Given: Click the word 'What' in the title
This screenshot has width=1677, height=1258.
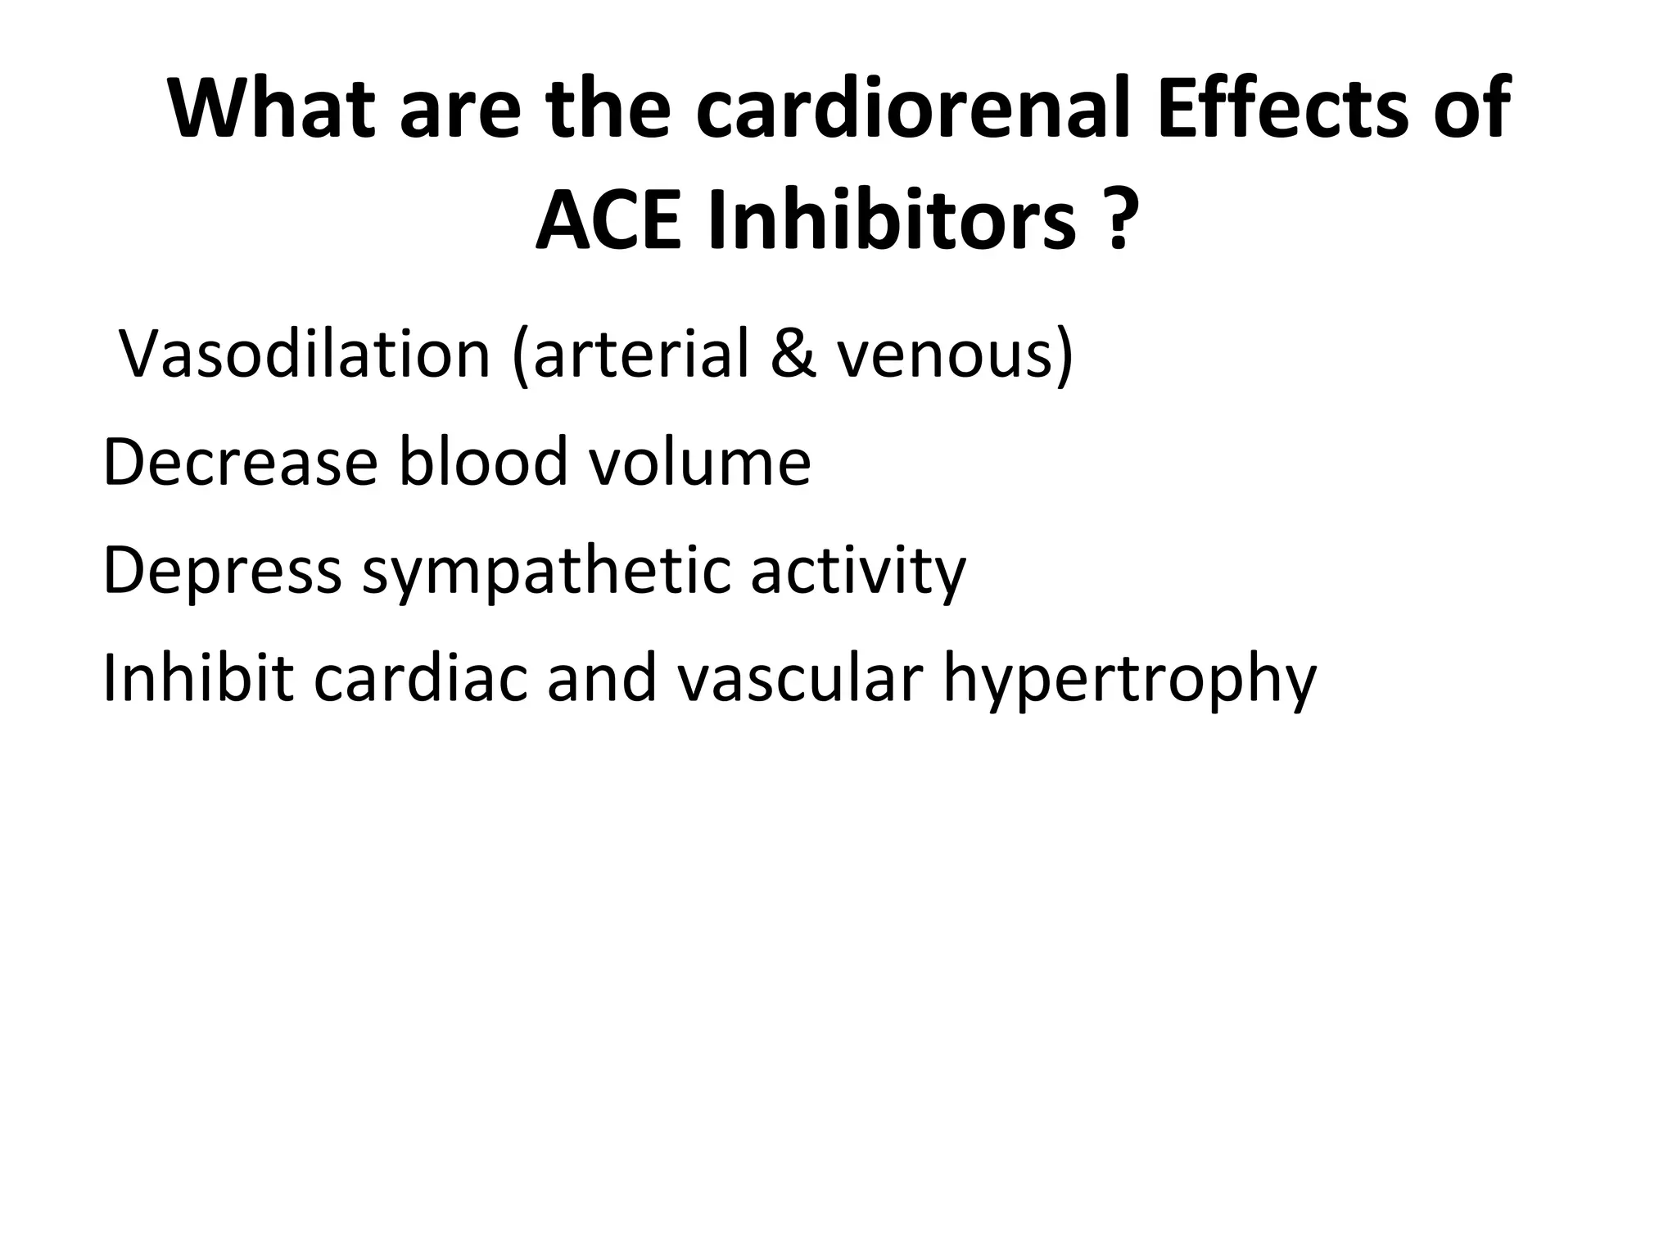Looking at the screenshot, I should (271, 109).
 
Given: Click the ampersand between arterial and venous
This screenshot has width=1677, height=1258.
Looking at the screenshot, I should (792, 354).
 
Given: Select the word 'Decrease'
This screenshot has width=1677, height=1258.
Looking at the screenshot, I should (240, 463).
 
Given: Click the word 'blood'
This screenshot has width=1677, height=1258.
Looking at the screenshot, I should (483, 463).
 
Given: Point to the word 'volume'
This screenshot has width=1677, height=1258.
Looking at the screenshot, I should (700, 463).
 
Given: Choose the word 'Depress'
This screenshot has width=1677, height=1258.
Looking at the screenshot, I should (222, 571).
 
